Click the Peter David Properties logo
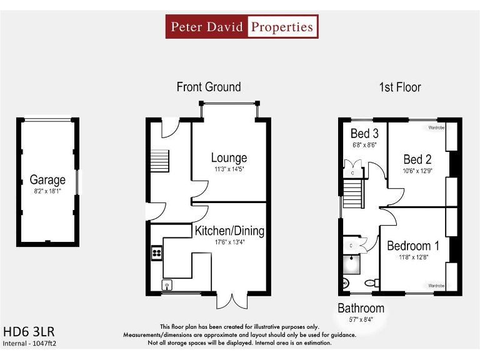tap(242, 27)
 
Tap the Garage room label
tap(47, 181)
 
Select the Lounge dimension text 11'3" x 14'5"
tap(229, 169)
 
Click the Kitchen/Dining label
tap(229, 231)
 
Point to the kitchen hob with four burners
tap(156, 254)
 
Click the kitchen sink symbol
tap(167, 285)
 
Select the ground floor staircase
tap(160, 161)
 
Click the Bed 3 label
tap(364, 134)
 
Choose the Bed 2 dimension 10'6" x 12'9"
tap(417, 171)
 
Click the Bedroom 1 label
tap(412, 246)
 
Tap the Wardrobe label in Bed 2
tap(436, 127)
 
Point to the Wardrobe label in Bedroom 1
tap(436, 285)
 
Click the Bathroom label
tap(361, 308)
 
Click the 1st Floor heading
tap(400, 87)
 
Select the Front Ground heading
tap(208, 87)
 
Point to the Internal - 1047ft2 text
tap(34, 343)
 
